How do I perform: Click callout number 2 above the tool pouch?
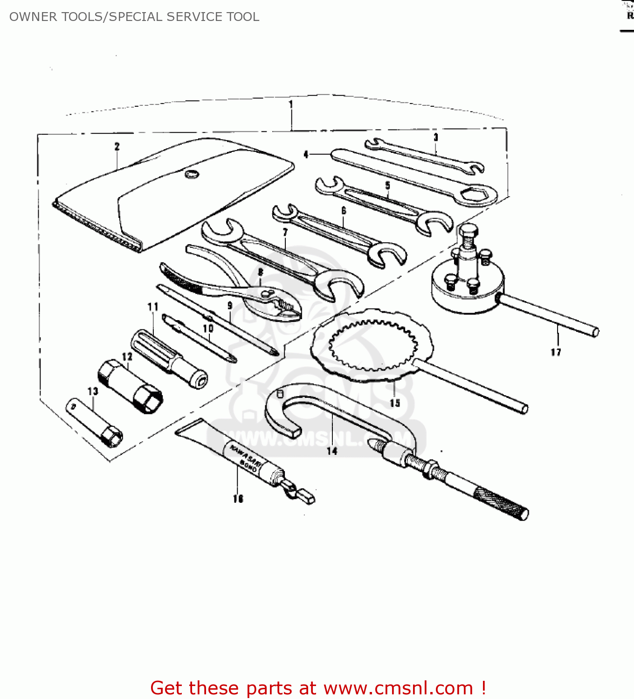tap(117, 146)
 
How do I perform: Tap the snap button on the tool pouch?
tap(191, 174)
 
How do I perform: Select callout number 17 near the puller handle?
tap(556, 352)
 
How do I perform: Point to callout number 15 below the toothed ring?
tap(395, 403)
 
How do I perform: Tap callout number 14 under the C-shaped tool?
tap(332, 451)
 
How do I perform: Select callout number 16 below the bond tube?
tap(238, 499)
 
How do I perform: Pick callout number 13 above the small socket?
tap(93, 391)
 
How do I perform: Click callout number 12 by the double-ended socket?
tap(127, 356)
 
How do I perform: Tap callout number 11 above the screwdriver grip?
tap(152, 307)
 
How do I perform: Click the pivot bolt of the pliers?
tap(267, 293)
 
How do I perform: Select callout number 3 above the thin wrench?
tap(436, 137)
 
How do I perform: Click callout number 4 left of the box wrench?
tap(306, 154)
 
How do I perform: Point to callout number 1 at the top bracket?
tap(291, 104)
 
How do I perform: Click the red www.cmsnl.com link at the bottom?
tap(398, 688)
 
